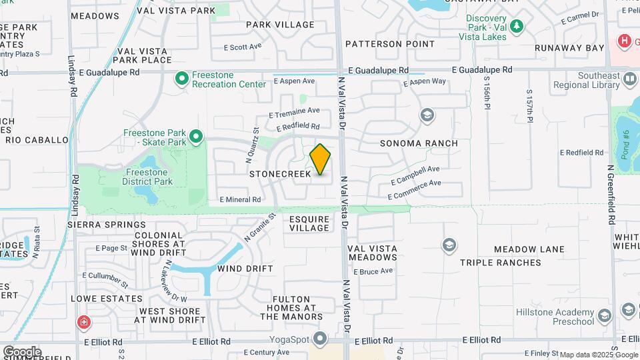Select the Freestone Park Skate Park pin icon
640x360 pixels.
click(195, 137)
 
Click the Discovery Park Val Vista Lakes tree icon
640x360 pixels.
click(517, 27)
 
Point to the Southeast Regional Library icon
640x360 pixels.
click(629, 81)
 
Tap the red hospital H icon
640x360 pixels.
click(625, 41)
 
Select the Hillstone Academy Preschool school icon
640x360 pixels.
click(605, 315)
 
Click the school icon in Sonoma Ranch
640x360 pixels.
click(427, 116)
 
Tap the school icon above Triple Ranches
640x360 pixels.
click(449, 245)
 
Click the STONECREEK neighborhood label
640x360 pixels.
click(280, 174)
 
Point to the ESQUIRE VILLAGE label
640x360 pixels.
click(309, 223)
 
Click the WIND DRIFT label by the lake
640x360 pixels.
click(245, 269)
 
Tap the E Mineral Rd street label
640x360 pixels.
click(240, 199)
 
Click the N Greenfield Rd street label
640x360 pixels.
click(611, 195)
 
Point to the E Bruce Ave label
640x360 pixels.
click(373, 272)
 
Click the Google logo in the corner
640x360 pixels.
click(22, 351)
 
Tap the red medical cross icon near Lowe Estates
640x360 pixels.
click(84, 323)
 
